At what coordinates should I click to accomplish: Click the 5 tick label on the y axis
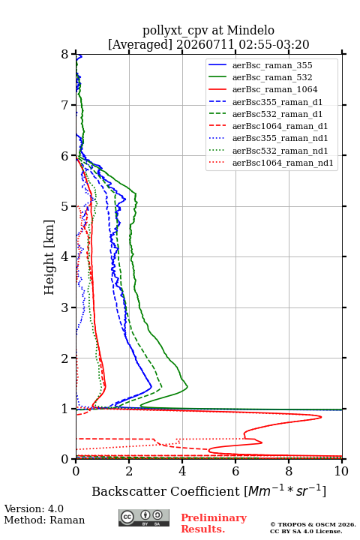[x=65, y=207]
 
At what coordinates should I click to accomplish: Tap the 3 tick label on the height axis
[x=65, y=307]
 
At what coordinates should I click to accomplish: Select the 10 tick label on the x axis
[x=341, y=471]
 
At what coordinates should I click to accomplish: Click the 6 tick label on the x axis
[x=235, y=471]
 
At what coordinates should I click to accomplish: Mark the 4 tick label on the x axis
[x=182, y=471]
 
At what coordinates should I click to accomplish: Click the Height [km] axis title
[x=49, y=257]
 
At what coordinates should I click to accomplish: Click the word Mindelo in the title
[x=250, y=30]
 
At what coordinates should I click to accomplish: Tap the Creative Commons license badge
[x=144, y=518]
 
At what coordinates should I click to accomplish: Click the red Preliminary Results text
[x=214, y=523]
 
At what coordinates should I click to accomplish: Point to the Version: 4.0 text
[x=34, y=508]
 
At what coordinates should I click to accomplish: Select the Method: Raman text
[x=44, y=520]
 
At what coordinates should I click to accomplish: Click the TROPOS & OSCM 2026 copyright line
[x=313, y=524]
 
